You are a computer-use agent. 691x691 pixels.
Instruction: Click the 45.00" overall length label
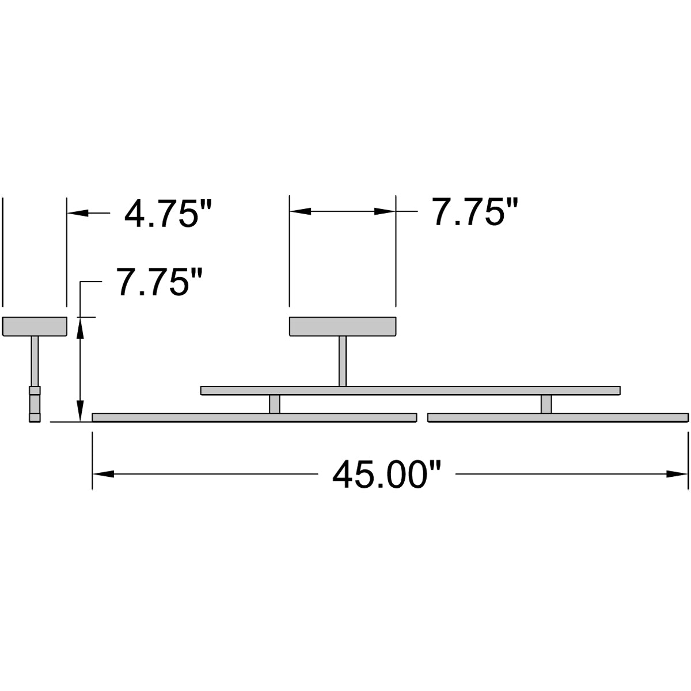pos(387,474)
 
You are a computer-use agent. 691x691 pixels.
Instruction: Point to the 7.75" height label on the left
pos(161,282)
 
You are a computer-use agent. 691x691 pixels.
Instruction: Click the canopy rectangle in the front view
pos(343,326)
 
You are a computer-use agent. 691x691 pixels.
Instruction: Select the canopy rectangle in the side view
pos(35,326)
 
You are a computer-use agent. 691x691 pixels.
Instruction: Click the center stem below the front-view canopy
pos(343,360)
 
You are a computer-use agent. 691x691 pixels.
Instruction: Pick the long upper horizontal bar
pos(410,390)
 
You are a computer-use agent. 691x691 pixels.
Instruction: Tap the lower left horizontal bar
pos(254,417)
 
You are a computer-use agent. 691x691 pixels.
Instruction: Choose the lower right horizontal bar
pos(558,417)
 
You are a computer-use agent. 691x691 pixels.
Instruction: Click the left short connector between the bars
pos(275,404)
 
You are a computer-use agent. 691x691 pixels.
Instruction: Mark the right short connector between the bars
pos(546,404)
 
